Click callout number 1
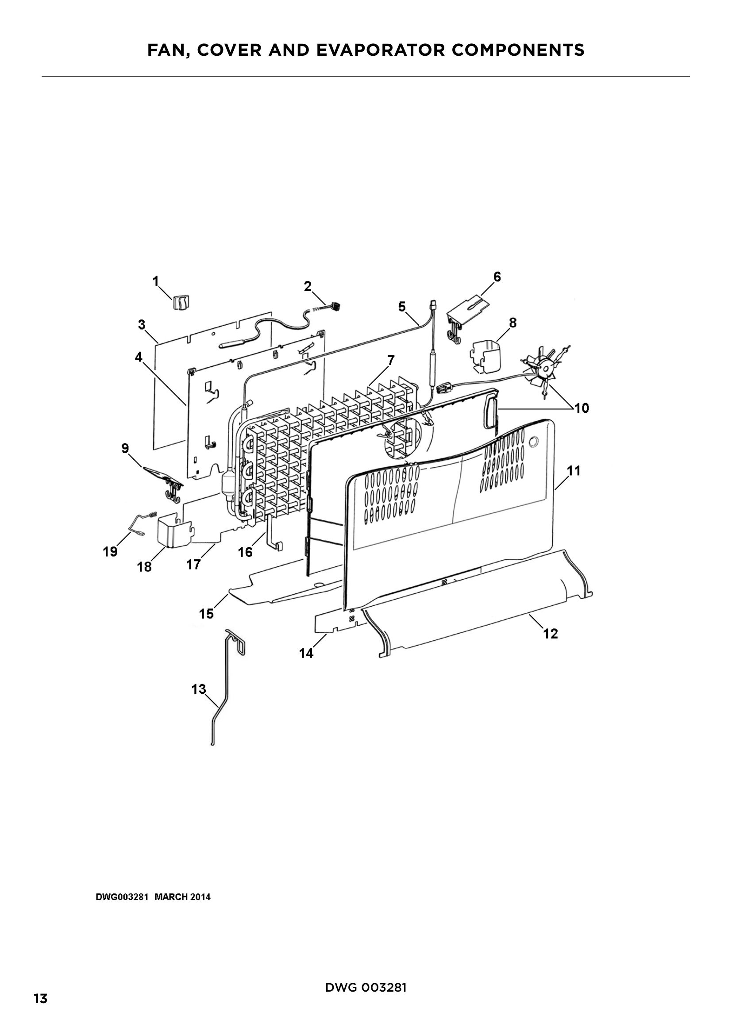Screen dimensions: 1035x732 pyautogui.click(x=156, y=282)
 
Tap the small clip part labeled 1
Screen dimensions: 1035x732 pyautogui.click(x=180, y=302)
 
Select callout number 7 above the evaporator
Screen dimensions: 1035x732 pyautogui.click(x=391, y=360)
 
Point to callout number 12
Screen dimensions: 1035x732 pyautogui.click(x=551, y=634)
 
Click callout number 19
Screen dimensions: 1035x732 pyautogui.click(x=110, y=551)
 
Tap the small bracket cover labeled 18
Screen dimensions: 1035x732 pyautogui.click(x=173, y=533)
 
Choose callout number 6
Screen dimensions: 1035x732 pyautogui.click(x=497, y=277)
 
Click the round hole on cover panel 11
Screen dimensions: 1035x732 pyautogui.click(x=535, y=440)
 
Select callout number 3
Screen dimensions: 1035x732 pyautogui.click(x=142, y=324)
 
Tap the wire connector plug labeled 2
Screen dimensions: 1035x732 pyautogui.click(x=334, y=307)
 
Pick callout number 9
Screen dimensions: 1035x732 pyautogui.click(x=125, y=449)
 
